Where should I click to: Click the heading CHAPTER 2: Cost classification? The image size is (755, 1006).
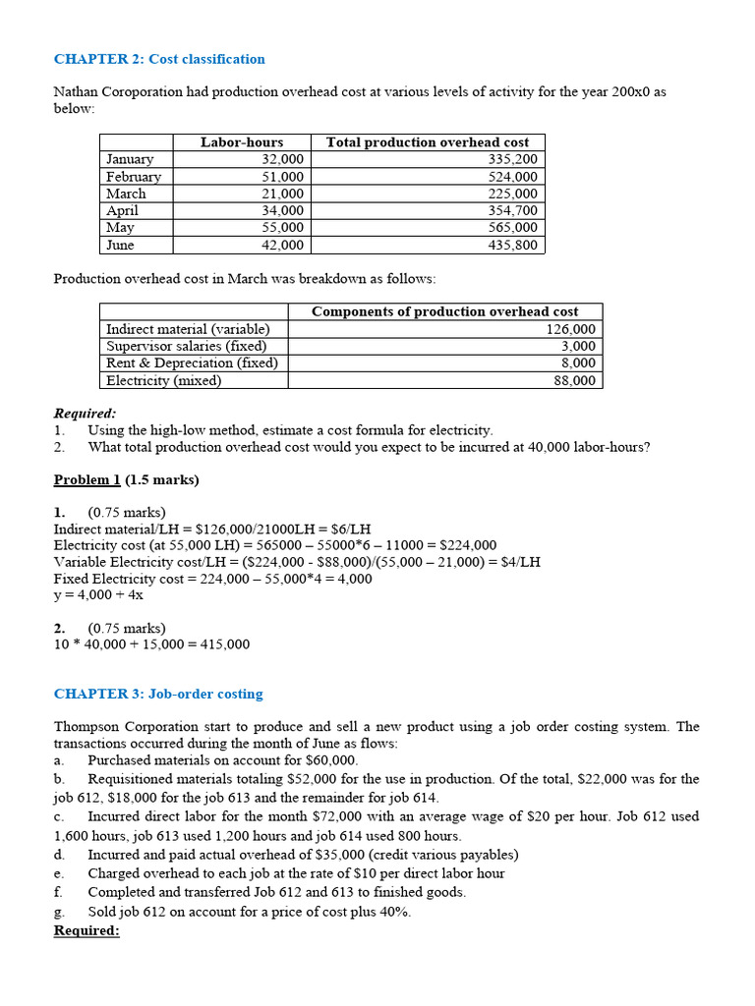point(158,59)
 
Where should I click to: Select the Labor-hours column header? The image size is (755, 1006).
point(241,142)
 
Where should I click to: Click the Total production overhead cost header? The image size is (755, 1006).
point(427,142)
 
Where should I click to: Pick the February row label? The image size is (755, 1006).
point(134,177)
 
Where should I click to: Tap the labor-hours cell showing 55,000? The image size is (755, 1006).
point(282,228)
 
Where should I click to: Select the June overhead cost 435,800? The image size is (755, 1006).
point(512,246)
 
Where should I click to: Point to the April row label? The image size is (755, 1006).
point(123,210)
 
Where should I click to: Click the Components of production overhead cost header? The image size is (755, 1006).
point(444,311)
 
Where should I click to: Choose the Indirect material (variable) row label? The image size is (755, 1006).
point(188,329)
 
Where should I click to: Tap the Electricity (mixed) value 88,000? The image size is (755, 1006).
point(574,381)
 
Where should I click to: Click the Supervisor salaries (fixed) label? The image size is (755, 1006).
point(186,346)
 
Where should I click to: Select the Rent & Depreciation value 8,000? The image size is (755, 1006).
point(578,363)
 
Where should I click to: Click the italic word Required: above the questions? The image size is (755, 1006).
point(85,414)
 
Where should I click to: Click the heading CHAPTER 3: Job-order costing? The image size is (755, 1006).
point(158,694)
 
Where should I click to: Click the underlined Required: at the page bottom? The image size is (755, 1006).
point(87,929)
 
